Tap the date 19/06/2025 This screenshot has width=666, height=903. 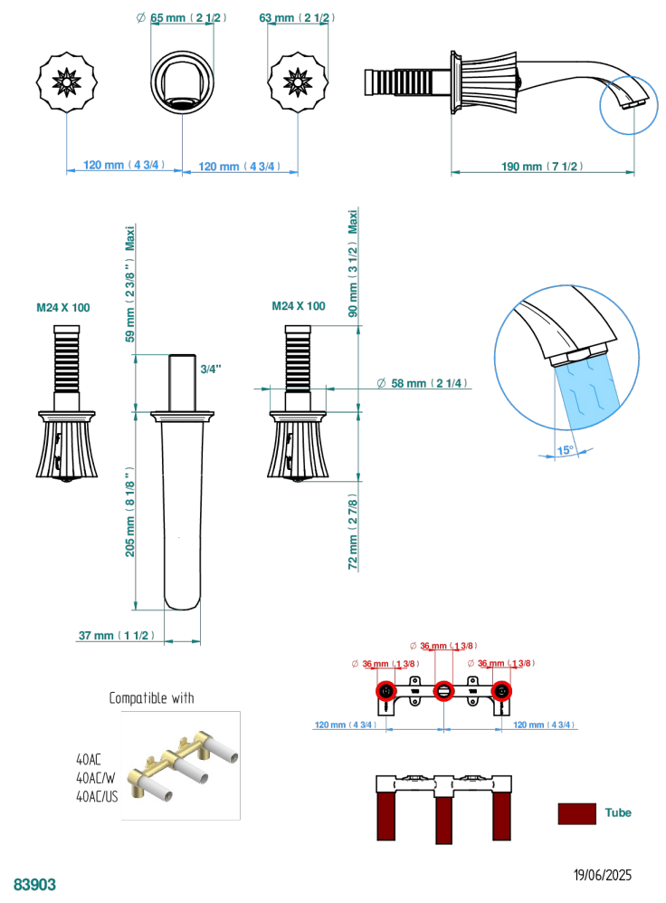(603, 876)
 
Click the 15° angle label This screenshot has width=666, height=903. (565, 449)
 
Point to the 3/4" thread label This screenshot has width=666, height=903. (210, 369)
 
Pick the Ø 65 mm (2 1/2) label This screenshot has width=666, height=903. (183, 17)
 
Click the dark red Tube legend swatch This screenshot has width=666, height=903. (576, 812)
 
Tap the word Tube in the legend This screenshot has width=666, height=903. (618, 812)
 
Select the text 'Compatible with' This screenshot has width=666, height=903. (152, 698)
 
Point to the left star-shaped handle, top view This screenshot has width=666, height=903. (66, 83)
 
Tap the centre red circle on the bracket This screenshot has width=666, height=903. (443, 691)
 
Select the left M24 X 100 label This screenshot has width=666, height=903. (63, 308)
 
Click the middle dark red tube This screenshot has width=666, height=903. (443, 820)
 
